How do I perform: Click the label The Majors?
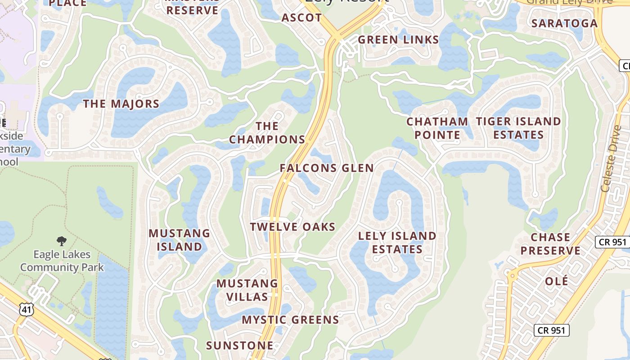pos(121,104)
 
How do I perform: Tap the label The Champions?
pos(267,133)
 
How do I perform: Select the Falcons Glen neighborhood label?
pos(327,168)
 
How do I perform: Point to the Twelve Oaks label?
pos(293,227)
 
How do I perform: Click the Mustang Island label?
pos(179,240)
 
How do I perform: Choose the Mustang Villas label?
pos(247,290)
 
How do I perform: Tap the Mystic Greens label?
pos(290,320)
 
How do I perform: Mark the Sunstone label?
pos(239,346)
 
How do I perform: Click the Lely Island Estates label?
pos(397,243)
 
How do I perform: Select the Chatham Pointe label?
pos(437,128)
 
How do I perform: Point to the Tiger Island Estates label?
pos(518,128)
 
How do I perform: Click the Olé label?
pos(556,282)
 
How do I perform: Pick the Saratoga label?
pos(564,23)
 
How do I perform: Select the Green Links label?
pos(398,40)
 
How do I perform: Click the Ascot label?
pos(301,18)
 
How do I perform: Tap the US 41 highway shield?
pos(26,309)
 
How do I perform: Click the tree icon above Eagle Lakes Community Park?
pos(62,241)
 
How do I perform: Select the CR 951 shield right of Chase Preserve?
pos(612,242)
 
